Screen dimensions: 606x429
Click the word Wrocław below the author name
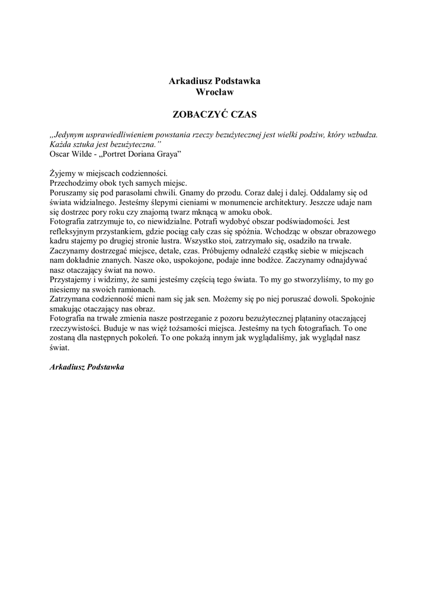pyautogui.click(x=214, y=92)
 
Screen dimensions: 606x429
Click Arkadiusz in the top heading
pyautogui.click(x=190, y=81)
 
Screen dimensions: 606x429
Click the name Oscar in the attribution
pyautogui.click(x=60, y=154)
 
